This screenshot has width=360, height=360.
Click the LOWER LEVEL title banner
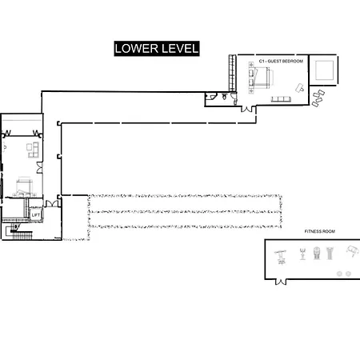point(157,49)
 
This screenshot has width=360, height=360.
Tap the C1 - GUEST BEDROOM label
point(281,61)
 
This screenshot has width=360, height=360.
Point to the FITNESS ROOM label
point(320,231)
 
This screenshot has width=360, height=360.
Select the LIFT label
point(35,215)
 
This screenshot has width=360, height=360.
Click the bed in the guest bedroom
point(262,78)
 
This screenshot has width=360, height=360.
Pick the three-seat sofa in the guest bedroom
point(281,99)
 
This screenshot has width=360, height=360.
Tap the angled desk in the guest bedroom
point(300,88)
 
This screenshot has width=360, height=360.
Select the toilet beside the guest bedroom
point(224,97)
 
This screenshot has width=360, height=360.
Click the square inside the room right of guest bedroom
point(324,70)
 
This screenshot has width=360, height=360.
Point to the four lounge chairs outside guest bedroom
point(318,98)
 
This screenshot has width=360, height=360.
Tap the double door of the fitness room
point(281,282)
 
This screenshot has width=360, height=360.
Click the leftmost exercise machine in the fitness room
point(280,257)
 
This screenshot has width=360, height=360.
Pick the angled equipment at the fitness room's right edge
point(353,251)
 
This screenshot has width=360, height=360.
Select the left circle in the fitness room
point(339,274)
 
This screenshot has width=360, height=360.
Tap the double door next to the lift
point(52,204)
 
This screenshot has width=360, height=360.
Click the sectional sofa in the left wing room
point(33,150)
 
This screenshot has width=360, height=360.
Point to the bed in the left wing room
point(24,186)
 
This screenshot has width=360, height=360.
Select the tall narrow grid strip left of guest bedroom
point(232,74)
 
